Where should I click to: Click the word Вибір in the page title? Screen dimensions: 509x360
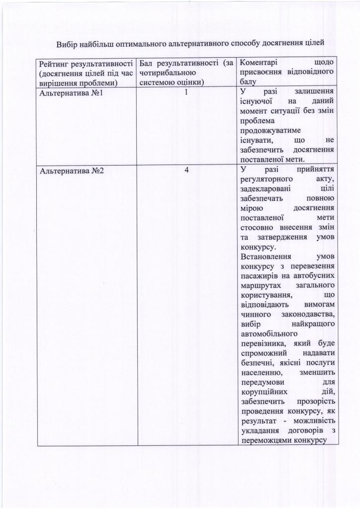(x=66, y=44)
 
